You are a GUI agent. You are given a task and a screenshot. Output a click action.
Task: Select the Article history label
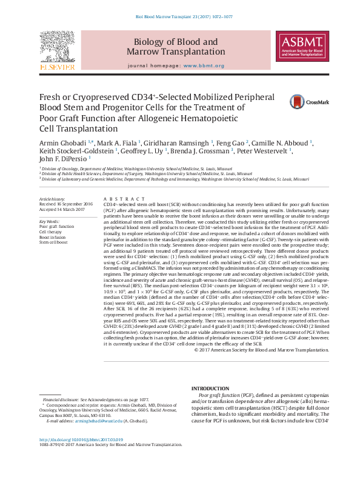click(x=52, y=199)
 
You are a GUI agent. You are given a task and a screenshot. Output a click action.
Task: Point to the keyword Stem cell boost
click(x=53, y=242)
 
